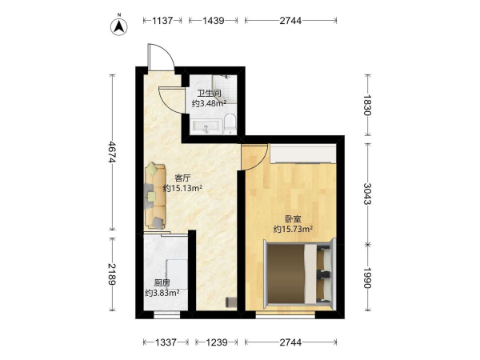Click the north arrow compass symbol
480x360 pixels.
pos(119,26)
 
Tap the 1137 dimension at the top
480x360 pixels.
pos(162,21)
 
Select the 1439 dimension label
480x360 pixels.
pos(214,21)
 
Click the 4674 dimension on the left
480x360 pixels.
pos(112,152)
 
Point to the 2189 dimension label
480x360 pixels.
pos(112,274)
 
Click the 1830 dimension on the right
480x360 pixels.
pos(367,105)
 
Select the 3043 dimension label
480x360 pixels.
pos(367,194)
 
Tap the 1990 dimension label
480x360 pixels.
pos(367,278)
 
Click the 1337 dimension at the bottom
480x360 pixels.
pos(166,342)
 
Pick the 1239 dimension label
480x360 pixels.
pos(217,342)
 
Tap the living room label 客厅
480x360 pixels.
pos(182,178)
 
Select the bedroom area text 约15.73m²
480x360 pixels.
pos(294,229)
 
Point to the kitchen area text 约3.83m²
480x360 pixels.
pos(162,293)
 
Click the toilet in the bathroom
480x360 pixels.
pos(230,124)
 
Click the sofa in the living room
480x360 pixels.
pos(155,196)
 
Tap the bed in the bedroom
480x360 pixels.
pos(299,274)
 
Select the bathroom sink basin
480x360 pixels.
pos(206,127)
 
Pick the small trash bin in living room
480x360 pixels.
pos(231,302)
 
